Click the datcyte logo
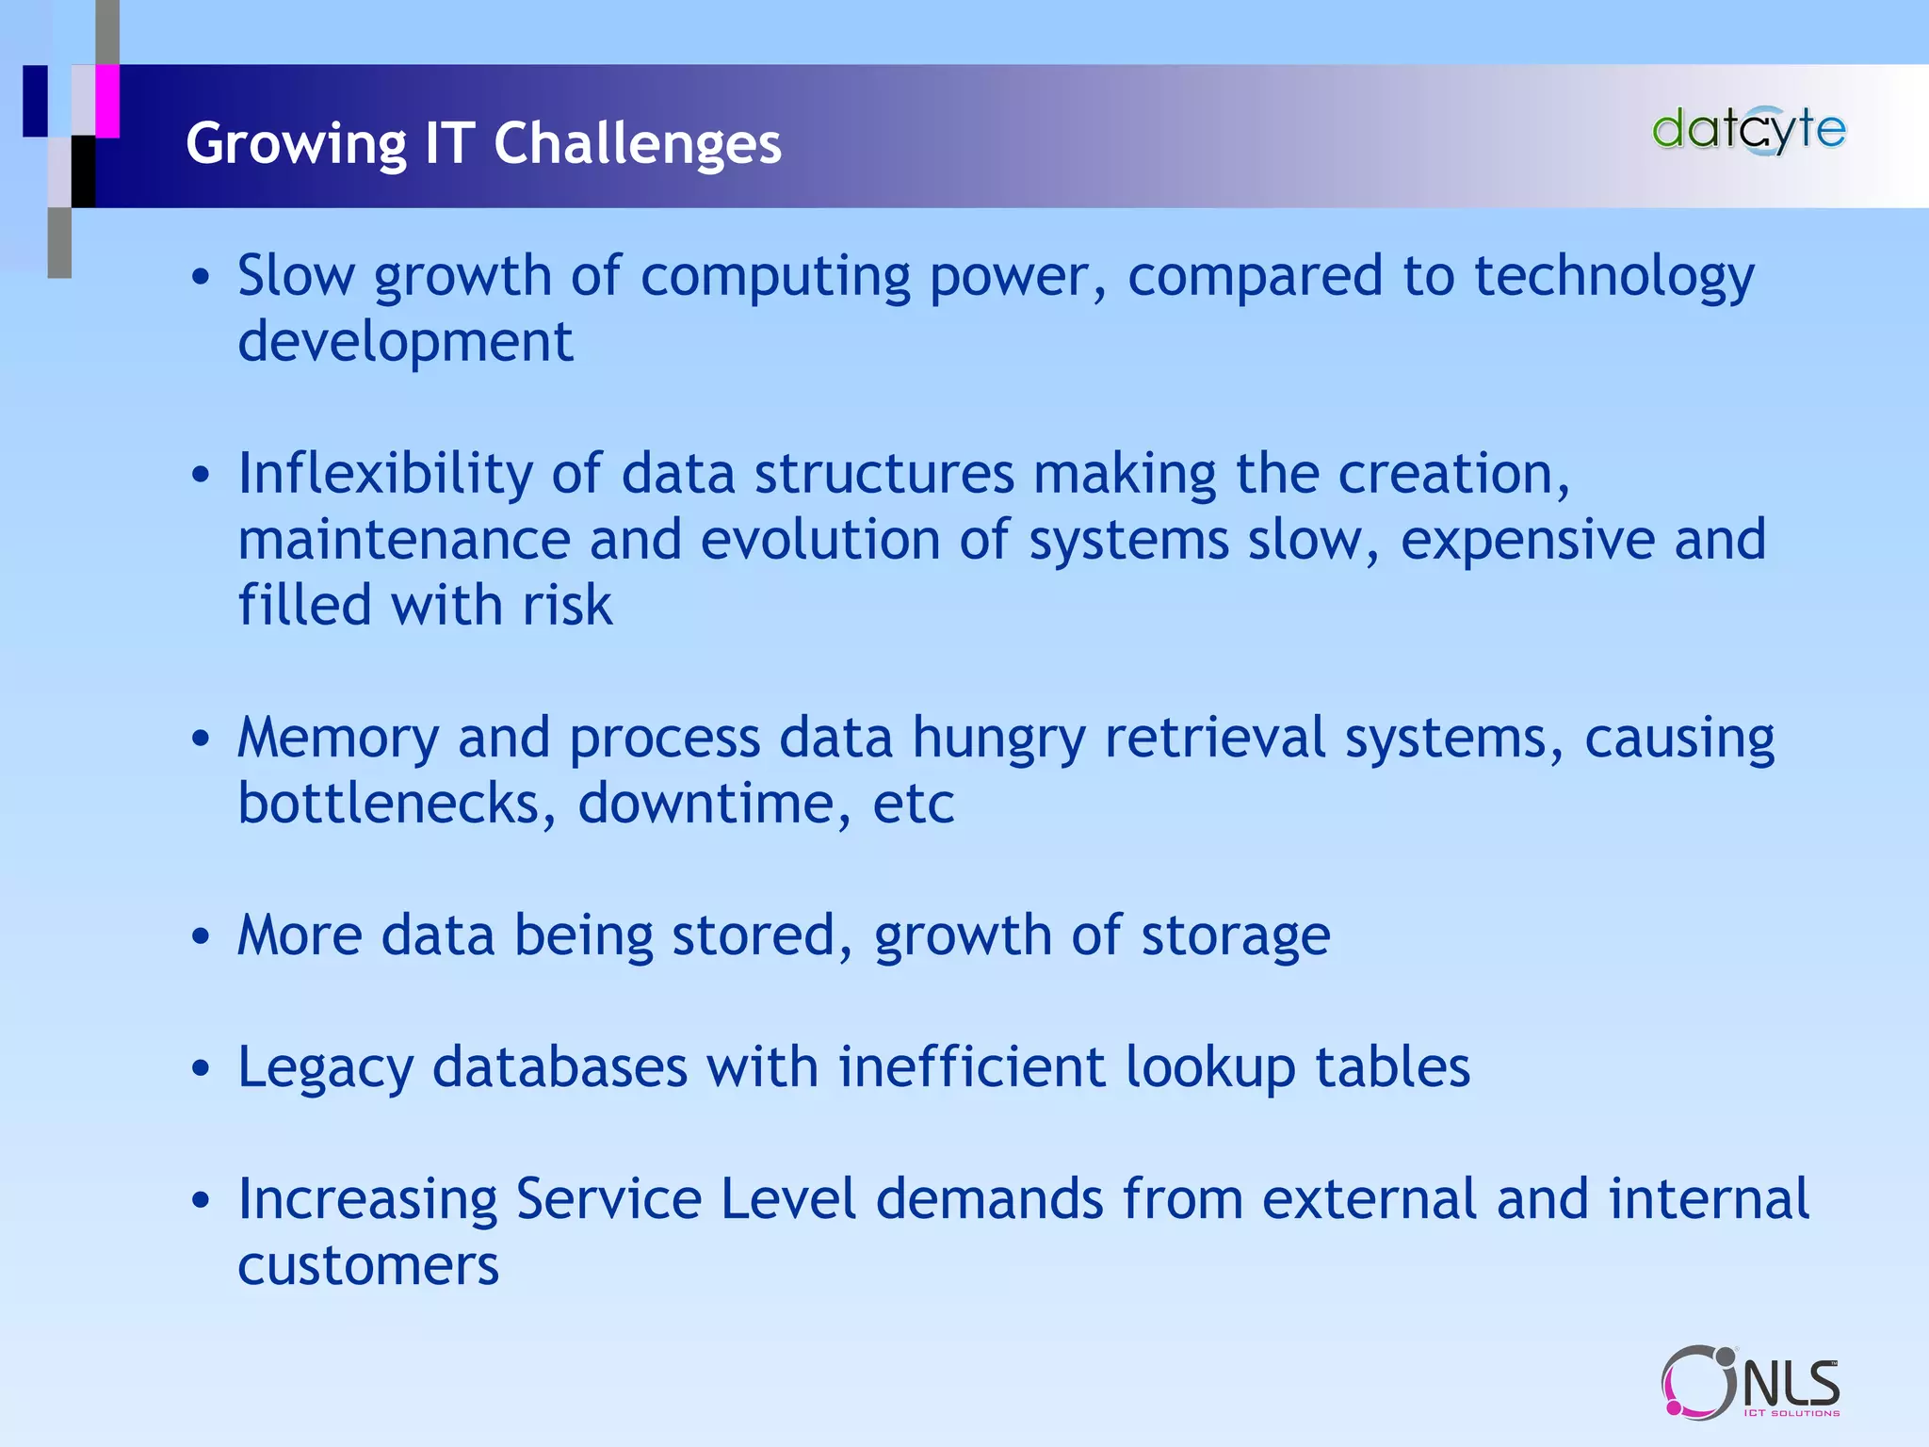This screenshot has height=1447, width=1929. point(1749,131)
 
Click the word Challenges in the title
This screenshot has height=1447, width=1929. point(638,143)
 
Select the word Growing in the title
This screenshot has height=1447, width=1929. point(296,145)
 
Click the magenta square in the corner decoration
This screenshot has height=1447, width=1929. point(107,101)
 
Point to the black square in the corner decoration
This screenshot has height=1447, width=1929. point(84,171)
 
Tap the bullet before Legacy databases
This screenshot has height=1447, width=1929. point(200,1069)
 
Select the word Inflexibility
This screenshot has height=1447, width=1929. point(384,474)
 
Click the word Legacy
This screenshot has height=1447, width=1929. point(325,1069)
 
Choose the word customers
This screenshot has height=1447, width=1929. point(368,1265)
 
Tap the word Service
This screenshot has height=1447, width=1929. point(608,1199)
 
